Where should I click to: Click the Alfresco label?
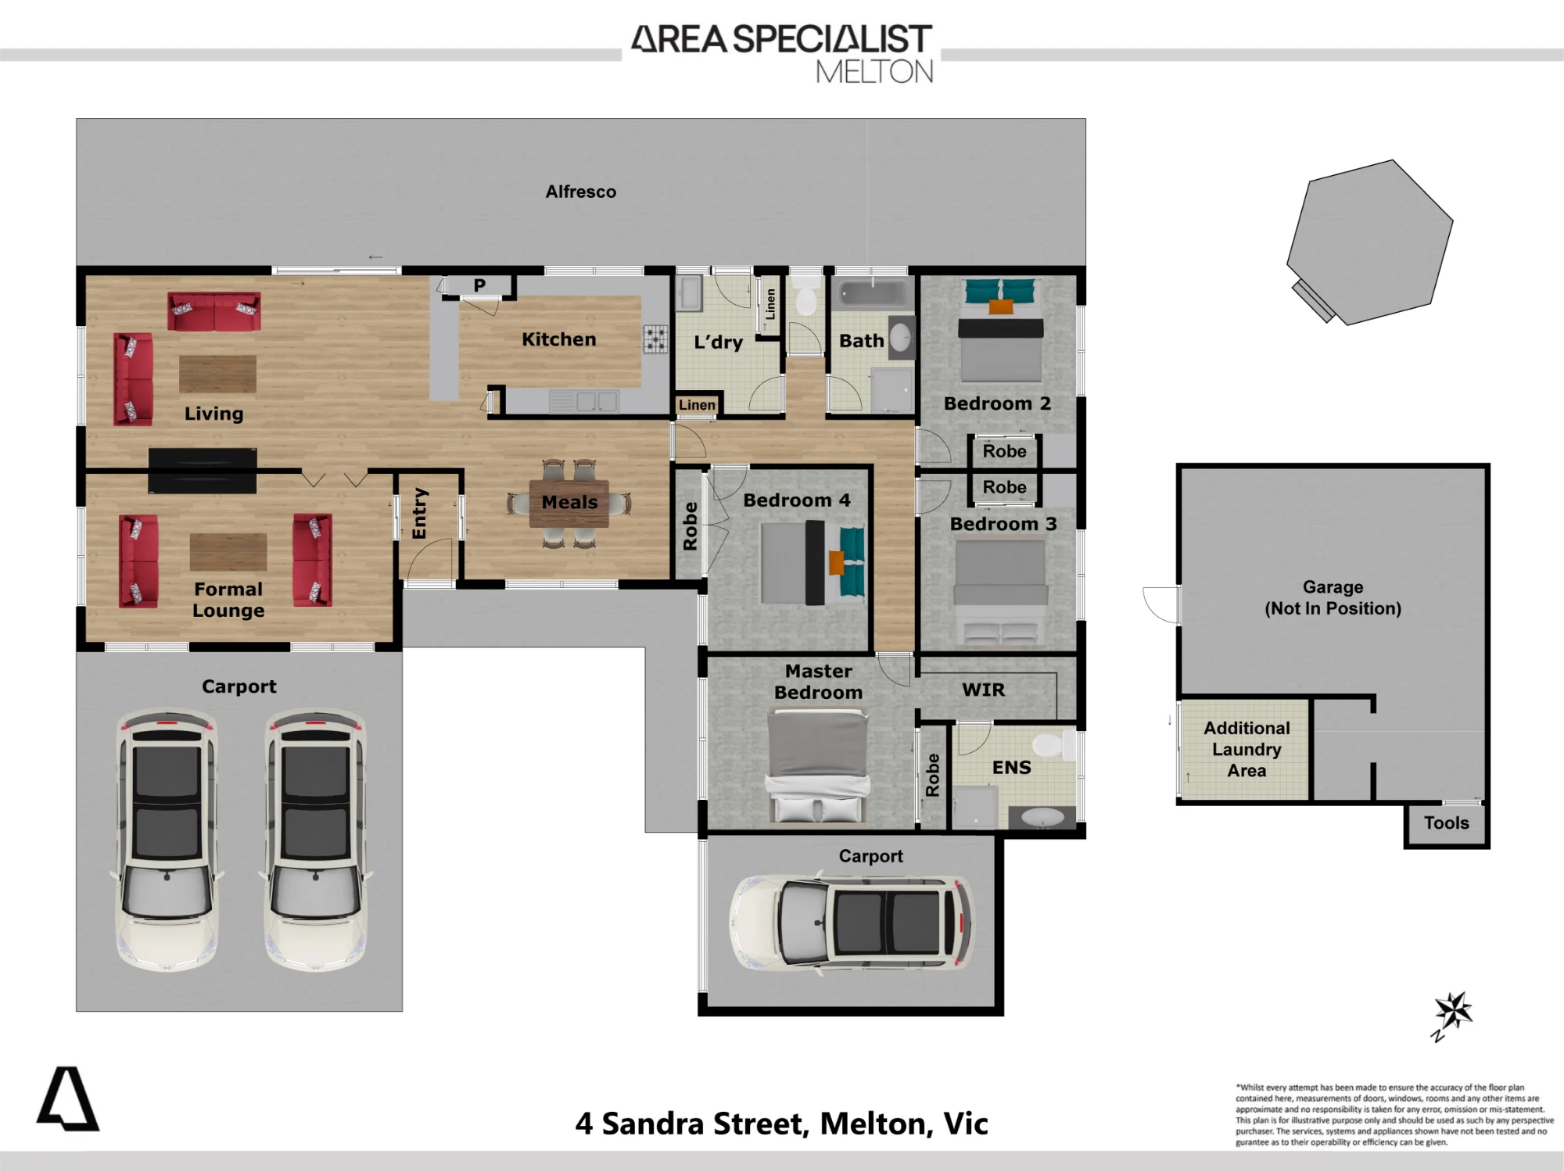(581, 192)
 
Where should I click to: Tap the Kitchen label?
(559, 339)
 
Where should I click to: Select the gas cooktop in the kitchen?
(655, 339)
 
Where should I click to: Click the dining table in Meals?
(569, 503)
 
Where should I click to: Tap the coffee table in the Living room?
(217, 374)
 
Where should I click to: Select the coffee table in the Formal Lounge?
(228, 552)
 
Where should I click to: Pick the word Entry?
(420, 513)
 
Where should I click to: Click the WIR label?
(983, 690)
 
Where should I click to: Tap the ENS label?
(1011, 768)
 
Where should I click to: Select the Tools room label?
(1446, 823)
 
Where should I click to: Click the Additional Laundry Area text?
(1247, 749)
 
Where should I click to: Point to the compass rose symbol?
(1453, 1014)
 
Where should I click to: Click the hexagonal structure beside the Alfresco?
(1370, 241)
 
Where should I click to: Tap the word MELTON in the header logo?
(874, 72)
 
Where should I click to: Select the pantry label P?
(479, 286)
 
